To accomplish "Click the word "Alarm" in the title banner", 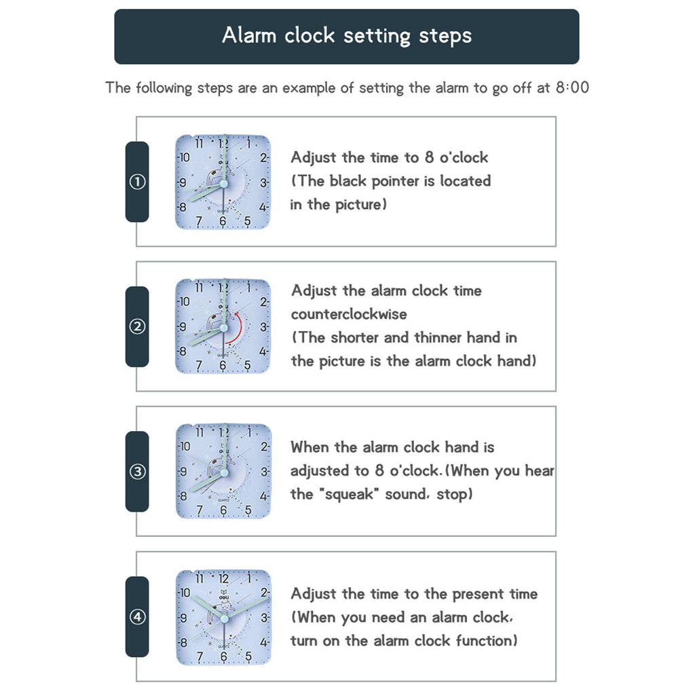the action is (248, 35).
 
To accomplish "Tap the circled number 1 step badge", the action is (137, 182).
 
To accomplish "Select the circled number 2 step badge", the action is (137, 326).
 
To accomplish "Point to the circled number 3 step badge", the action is (137, 471).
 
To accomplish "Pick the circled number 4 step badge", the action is (137, 616).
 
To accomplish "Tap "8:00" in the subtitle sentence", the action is (572, 88).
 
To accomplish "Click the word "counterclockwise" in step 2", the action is (349, 314).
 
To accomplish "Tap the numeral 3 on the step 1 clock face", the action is (263, 183).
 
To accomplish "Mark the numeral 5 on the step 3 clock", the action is (248, 510).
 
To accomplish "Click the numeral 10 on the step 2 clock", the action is (184, 301).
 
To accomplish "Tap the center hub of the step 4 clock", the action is (224, 618).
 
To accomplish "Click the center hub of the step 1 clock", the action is (223, 183).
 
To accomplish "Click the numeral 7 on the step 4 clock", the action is (200, 656).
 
